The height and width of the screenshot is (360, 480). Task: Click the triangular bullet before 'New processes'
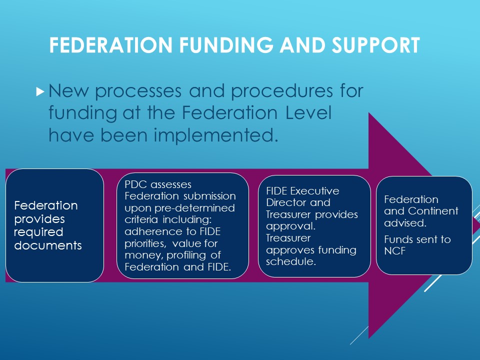[x=40, y=91]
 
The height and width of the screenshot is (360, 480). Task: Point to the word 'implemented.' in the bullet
[x=216, y=135]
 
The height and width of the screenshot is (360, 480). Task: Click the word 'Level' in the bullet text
[x=309, y=113]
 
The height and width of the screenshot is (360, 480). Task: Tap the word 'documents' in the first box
[x=48, y=245]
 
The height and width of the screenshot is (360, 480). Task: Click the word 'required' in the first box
[x=38, y=232]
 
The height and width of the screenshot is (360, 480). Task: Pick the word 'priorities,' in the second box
[x=145, y=243]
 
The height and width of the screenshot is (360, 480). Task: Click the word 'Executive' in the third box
[x=315, y=191]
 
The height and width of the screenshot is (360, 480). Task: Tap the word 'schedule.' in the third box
[x=291, y=261]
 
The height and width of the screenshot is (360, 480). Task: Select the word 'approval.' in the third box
[x=291, y=226]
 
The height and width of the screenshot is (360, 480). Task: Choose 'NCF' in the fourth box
[x=395, y=251]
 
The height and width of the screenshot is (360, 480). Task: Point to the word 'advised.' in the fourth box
[x=405, y=223]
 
